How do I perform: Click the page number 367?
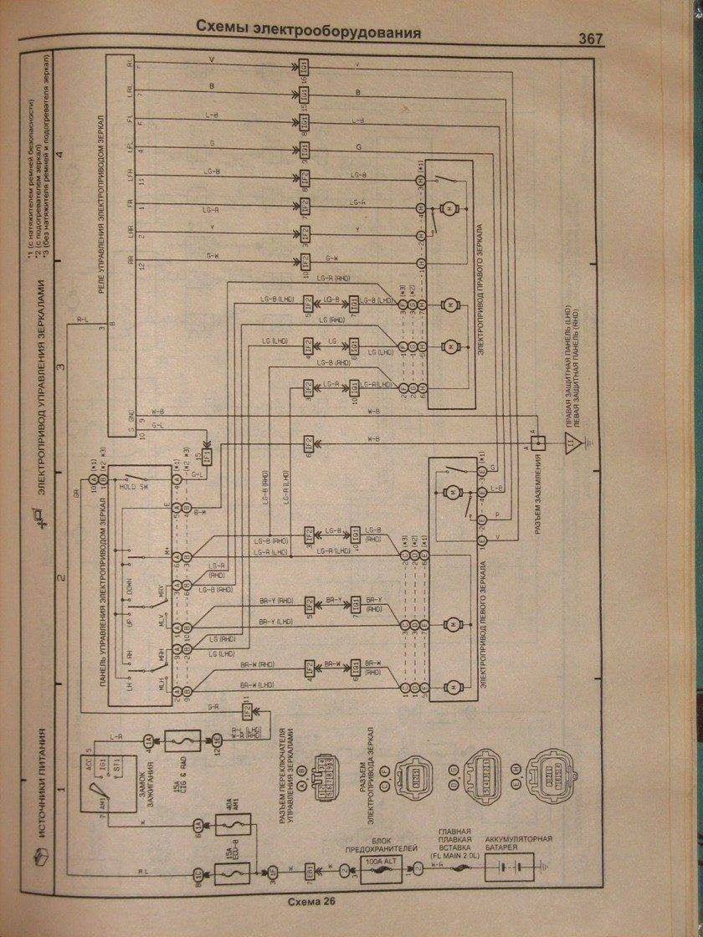(x=590, y=38)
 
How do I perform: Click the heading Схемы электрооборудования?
(x=308, y=32)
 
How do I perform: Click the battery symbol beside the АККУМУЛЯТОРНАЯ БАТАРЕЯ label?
(x=511, y=868)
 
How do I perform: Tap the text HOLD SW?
(x=134, y=485)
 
